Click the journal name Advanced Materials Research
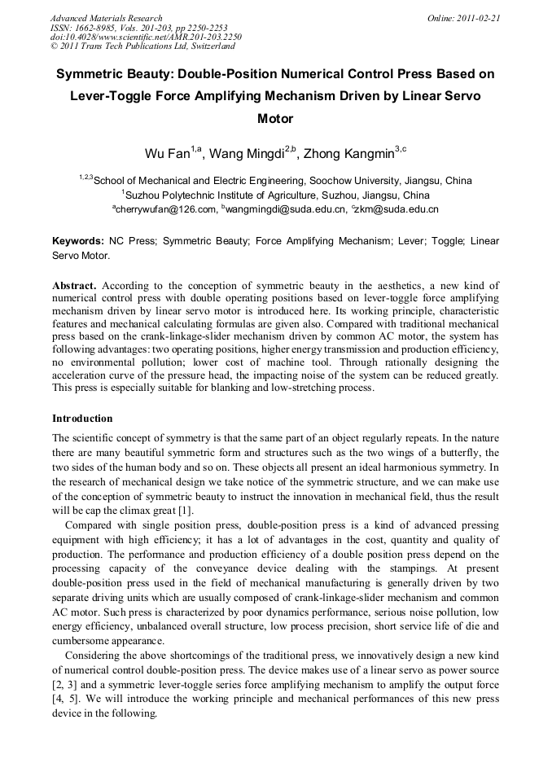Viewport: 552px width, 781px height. pos(107,18)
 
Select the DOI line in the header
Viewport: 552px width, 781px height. pos(146,37)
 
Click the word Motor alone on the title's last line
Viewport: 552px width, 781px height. pos(275,119)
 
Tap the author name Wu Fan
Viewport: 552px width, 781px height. pos(167,153)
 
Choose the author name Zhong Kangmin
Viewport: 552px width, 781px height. pos(337,153)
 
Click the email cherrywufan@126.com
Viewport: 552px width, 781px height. pos(167,209)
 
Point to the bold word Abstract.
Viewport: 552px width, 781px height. pos(75,286)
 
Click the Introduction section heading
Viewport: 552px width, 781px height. pos(82,419)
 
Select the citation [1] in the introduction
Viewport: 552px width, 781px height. pos(186,511)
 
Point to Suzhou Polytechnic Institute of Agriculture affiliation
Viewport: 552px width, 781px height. pos(277,195)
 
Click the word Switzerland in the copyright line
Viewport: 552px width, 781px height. pos(210,47)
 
